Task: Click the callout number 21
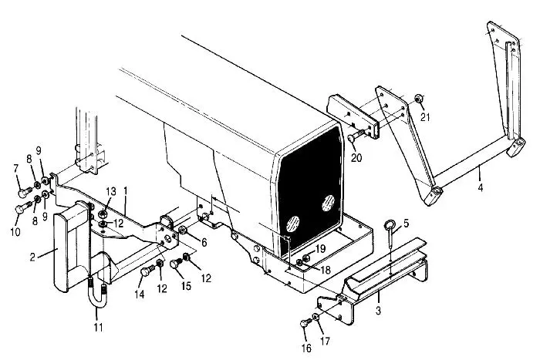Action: click(425, 117)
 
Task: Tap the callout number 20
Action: click(356, 157)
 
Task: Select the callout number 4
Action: click(481, 187)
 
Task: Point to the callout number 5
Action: click(406, 223)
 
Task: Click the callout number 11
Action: click(99, 327)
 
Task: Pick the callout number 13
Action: click(111, 191)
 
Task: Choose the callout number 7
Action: click(16, 169)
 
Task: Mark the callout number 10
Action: click(15, 231)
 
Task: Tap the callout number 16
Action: click(306, 348)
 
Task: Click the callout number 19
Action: click(320, 248)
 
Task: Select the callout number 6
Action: click(204, 242)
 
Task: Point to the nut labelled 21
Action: click(418, 99)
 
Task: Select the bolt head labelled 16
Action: click(304, 323)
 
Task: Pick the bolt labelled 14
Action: click(147, 270)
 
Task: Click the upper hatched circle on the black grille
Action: click(328, 203)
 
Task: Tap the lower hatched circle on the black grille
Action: click(292, 224)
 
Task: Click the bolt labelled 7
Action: click(25, 192)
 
